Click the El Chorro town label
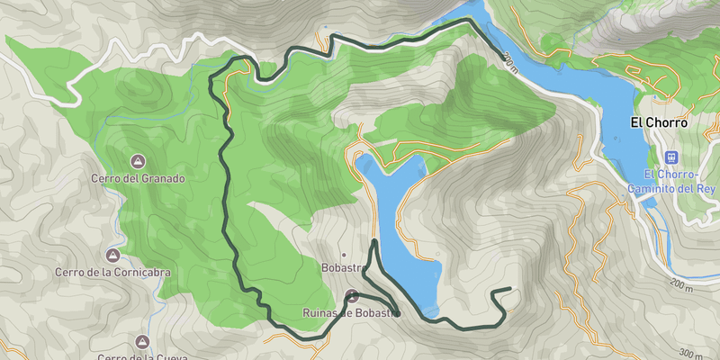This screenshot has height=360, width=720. point(659,122)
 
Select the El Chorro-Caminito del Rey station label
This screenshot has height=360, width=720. point(672,181)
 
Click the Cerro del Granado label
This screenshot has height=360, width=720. point(138,178)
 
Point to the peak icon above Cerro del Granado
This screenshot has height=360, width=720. point(138,161)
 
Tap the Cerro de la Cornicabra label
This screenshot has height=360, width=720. point(112,272)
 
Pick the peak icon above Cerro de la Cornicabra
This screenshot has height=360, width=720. point(112,255)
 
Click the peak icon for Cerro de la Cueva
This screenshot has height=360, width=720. point(141,342)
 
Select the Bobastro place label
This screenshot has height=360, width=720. point(342,268)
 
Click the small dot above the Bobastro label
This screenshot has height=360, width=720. point(343,254)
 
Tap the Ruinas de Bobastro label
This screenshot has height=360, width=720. point(350,313)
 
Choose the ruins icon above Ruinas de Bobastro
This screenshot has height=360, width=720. point(351,296)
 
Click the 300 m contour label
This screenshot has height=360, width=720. point(689,353)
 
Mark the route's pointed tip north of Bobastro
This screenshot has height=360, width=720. point(374,240)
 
